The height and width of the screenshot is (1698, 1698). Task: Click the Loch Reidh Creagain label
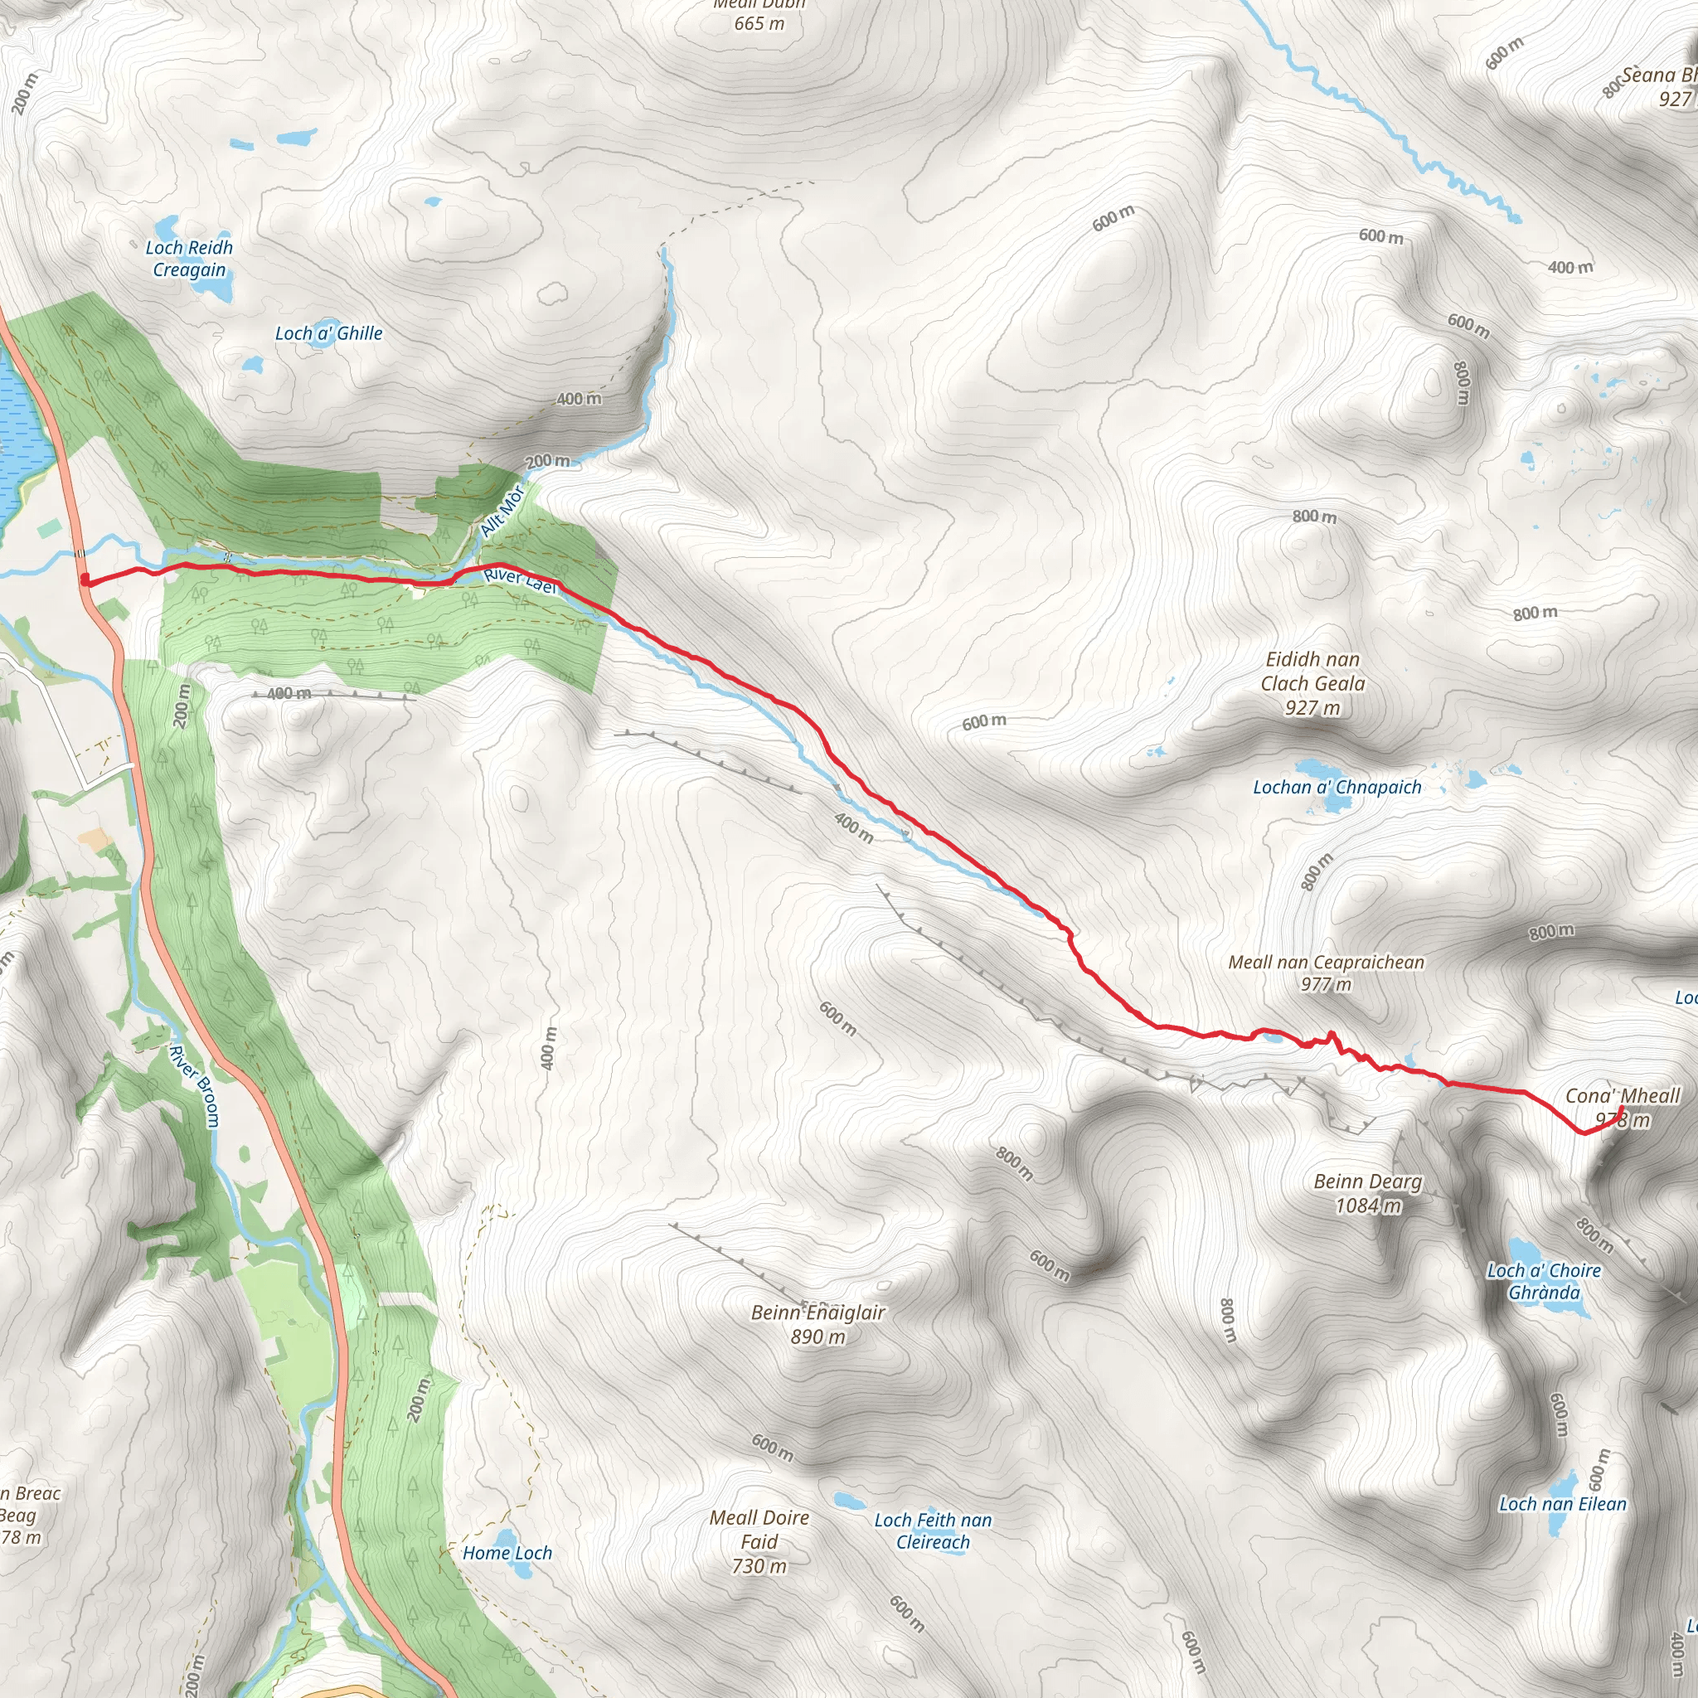[x=189, y=259]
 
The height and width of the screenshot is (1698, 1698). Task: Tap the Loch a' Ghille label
[x=328, y=333]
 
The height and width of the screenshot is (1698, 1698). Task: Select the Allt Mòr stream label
[x=502, y=511]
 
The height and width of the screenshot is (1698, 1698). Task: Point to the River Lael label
[x=521, y=581]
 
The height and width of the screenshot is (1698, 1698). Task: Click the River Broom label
[x=194, y=1084]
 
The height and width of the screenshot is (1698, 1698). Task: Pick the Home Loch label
[x=507, y=1553]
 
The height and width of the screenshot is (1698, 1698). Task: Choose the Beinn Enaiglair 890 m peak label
[x=817, y=1323]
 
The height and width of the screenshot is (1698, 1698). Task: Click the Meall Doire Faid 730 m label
[x=759, y=1541]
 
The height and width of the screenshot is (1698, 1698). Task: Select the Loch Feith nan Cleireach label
[x=933, y=1531]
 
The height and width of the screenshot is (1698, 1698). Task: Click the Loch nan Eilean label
[x=1563, y=1504]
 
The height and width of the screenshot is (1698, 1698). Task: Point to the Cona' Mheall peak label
[x=1623, y=1096]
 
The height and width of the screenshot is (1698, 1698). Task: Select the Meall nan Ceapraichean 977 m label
[x=1327, y=973]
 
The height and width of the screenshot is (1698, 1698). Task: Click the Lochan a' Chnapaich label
[x=1337, y=788]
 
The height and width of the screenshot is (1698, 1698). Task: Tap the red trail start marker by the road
[x=85, y=580]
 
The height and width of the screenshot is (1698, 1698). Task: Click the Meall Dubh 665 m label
[x=759, y=15]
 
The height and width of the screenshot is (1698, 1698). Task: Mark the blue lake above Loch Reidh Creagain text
[x=167, y=226]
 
